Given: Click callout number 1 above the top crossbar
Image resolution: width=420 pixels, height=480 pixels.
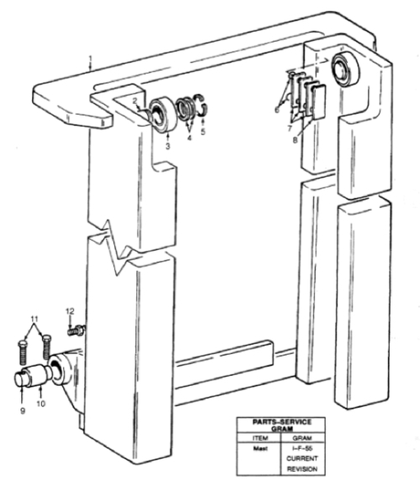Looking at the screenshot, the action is [91, 58].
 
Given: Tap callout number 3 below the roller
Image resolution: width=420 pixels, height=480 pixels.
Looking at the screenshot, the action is [167, 146].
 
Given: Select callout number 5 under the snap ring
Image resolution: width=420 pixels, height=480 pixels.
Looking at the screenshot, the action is [202, 132].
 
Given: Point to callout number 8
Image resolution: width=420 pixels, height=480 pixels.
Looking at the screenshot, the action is [295, 140].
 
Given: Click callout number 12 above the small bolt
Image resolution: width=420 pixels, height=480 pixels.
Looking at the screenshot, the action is [71, 311].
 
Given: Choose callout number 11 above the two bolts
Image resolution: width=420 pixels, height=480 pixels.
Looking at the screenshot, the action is [34, 319].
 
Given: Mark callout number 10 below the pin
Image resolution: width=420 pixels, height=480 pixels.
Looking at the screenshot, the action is [41, 404].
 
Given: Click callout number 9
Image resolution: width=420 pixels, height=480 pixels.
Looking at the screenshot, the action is [23, 411].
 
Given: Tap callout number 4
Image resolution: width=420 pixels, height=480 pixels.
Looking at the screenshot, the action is [189, 138].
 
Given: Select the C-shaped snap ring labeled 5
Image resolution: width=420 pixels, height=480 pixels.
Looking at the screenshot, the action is [202, 105].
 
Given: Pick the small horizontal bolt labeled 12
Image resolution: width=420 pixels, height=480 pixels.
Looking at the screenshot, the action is [76, 331].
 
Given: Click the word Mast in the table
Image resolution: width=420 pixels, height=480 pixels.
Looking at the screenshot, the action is [260, 448].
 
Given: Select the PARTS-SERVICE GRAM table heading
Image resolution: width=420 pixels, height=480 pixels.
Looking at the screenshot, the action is [282, 425].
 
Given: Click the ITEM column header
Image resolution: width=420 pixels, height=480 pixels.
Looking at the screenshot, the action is [260, 438].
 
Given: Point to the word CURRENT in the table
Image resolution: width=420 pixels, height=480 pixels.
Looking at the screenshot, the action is [302, 458].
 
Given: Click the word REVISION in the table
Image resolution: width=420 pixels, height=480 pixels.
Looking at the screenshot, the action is [302, 469].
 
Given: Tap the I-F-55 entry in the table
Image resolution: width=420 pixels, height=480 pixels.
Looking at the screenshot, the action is [302, 448].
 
